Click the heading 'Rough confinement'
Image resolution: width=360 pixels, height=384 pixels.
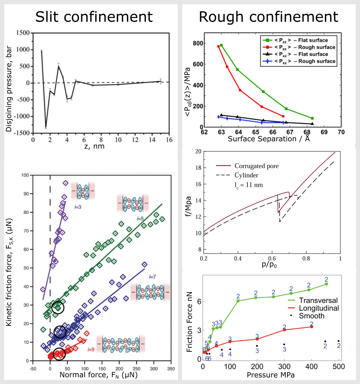[x=268, y=17]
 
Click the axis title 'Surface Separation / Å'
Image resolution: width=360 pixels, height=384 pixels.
[x=269, y=139]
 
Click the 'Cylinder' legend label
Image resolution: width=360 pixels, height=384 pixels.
[x=246, y=175]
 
